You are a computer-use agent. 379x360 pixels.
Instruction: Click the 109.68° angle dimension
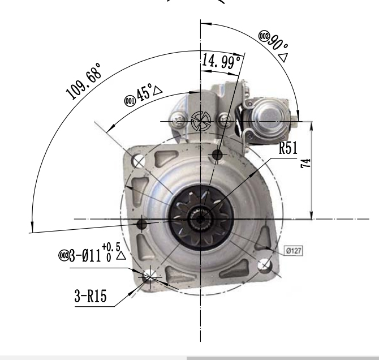pos(83,82)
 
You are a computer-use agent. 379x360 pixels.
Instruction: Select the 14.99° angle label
pos(221,61)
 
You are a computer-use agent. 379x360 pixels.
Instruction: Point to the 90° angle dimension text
pos(278,43)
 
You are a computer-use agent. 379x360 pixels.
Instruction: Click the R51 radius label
pos(288,148)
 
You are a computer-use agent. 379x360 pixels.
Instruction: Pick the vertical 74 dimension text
pos(305,164)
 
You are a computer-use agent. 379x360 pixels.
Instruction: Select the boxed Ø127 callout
pos(294,251)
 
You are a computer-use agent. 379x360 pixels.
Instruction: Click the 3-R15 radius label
pos(91,295)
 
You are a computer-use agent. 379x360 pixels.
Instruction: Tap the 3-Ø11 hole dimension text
pos(85,255)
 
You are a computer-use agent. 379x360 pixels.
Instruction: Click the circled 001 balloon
pos(130,101)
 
